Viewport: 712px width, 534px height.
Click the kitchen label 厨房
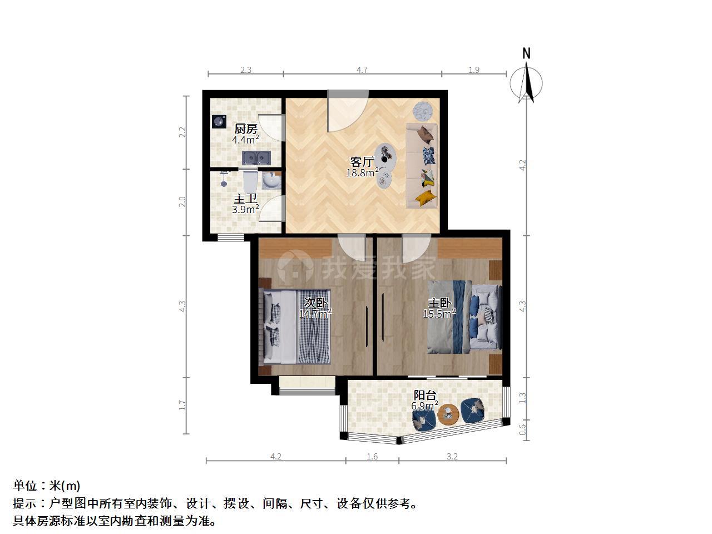[245, 129]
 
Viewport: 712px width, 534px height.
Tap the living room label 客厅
[362, 161]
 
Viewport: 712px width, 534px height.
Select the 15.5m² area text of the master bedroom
[439, 314]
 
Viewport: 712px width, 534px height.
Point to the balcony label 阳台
[425, 395]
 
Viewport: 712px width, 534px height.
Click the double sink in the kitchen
[256, 158]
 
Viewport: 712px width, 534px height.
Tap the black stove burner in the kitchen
[219, 122]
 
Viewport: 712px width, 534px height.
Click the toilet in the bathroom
[250, 181]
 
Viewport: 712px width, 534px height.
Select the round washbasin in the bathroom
[271, 181]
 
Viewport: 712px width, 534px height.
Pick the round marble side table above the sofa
[423, 111]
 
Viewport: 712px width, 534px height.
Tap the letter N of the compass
[526, 53]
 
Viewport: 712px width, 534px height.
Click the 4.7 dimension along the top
[362, 70]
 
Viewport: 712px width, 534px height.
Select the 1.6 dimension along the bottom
[372, 457]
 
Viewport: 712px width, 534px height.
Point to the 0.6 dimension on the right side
[522, 430]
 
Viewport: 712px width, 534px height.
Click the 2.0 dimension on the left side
[182, 202]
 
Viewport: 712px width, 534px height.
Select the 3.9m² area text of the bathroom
[245, 209]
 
